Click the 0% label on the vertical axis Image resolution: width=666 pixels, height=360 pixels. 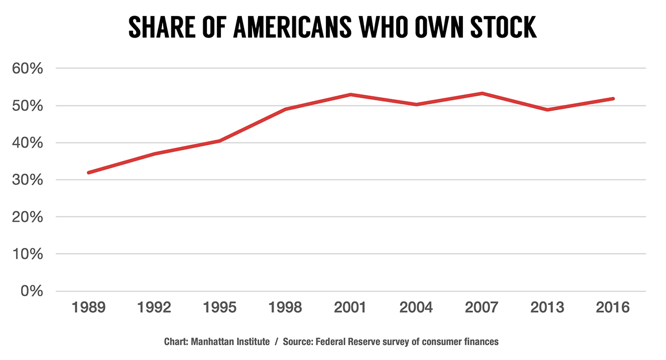pos(31,291)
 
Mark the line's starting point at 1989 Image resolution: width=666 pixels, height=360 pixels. pos(88,173)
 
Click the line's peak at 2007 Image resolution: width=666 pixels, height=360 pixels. pos(482,93)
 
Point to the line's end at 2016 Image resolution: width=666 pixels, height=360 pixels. pos(613,99)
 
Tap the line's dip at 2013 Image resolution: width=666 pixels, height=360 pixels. pos(548,110)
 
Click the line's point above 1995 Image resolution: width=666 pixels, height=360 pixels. pos(220,141)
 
